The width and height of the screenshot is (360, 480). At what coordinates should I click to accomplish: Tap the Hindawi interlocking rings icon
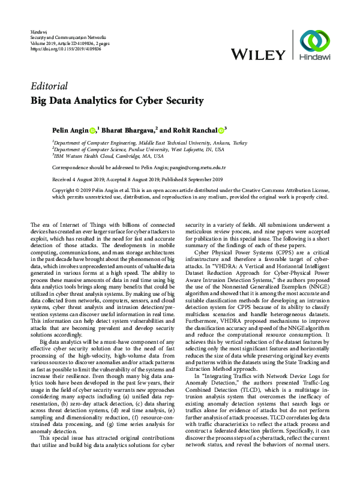[x=314, y=43]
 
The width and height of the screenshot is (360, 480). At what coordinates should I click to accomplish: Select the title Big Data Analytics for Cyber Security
[x=117, y=101]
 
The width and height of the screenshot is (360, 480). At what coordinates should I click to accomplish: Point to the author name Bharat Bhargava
[x=128, y=130]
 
